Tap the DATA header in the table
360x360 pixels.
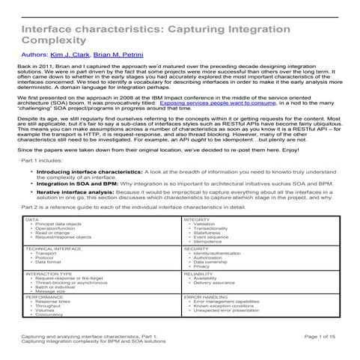(33, 240)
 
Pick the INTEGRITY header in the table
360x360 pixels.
(198, 240)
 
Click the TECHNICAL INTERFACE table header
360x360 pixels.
(52, 269)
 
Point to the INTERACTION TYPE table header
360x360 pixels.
(49, 295)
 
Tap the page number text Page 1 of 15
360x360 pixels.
(323, 338)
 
